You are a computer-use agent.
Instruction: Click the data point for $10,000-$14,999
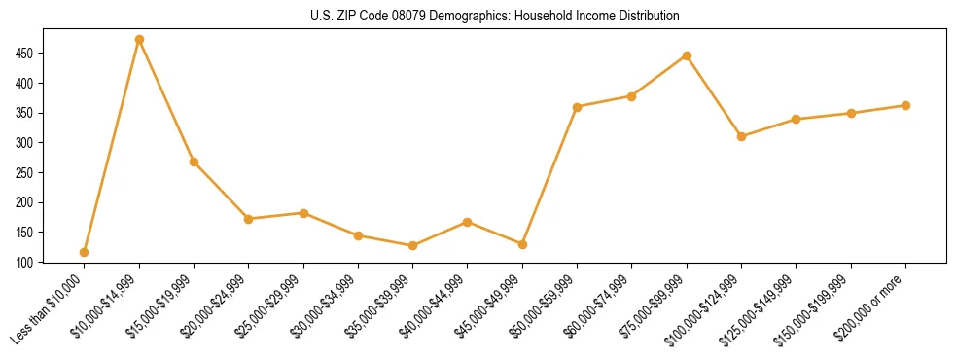(x=139, y=40)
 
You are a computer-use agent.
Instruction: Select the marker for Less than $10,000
(x=85, y=252)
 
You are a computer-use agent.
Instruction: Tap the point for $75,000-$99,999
(x=687, y=55)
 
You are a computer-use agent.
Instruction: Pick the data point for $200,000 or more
(x=905, y=105)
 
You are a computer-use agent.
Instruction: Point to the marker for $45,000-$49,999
(x=522, y=244)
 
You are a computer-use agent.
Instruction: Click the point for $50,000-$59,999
(x=577, y=107)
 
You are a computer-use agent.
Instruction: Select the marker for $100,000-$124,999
(x=741, y=136)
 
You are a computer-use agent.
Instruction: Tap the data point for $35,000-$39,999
(x=412, y=245)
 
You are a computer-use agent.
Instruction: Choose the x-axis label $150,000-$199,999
(x=818, y=307)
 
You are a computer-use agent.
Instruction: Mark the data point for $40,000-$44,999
(x=468, y=222)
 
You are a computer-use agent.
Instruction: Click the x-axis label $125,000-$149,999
(x=763, y=307)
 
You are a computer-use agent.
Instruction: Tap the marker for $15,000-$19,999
(x=194, y=162)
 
